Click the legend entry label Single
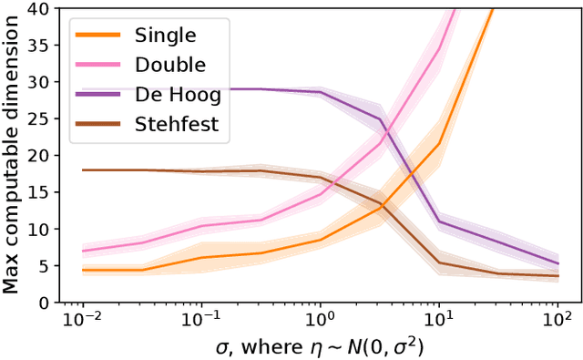coord(165,36)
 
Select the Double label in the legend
coord(169,65)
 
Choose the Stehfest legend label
coord(177,124)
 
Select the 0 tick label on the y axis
coord(44,302)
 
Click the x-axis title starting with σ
coord(320,348)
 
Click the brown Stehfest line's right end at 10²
coord(557,276)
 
